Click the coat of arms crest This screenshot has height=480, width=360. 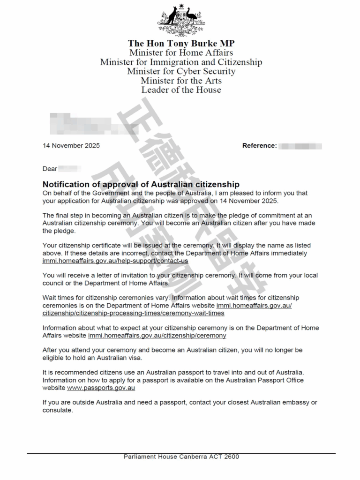(180, 20)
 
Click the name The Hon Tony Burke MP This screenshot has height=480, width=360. (181, 44)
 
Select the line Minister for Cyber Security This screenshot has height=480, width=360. (181, 71)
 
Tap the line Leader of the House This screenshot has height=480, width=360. (181, 90)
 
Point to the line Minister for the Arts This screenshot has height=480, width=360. (181, 81)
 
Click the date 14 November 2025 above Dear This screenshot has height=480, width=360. (71, 145)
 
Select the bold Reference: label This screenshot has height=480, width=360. (259, 145)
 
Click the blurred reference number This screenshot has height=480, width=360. (300, 145)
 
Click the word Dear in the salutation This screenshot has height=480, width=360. (50, 168)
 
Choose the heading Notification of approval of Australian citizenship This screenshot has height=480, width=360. (141, 184)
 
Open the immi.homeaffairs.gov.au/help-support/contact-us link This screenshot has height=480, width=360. (115, 261)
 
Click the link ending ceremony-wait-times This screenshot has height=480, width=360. (133, 313)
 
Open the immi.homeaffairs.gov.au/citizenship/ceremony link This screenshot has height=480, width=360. (157, 336)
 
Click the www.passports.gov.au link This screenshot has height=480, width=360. (101, 388)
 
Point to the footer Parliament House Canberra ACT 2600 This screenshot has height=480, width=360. (181, 457)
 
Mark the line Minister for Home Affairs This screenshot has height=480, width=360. (181, 52)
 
